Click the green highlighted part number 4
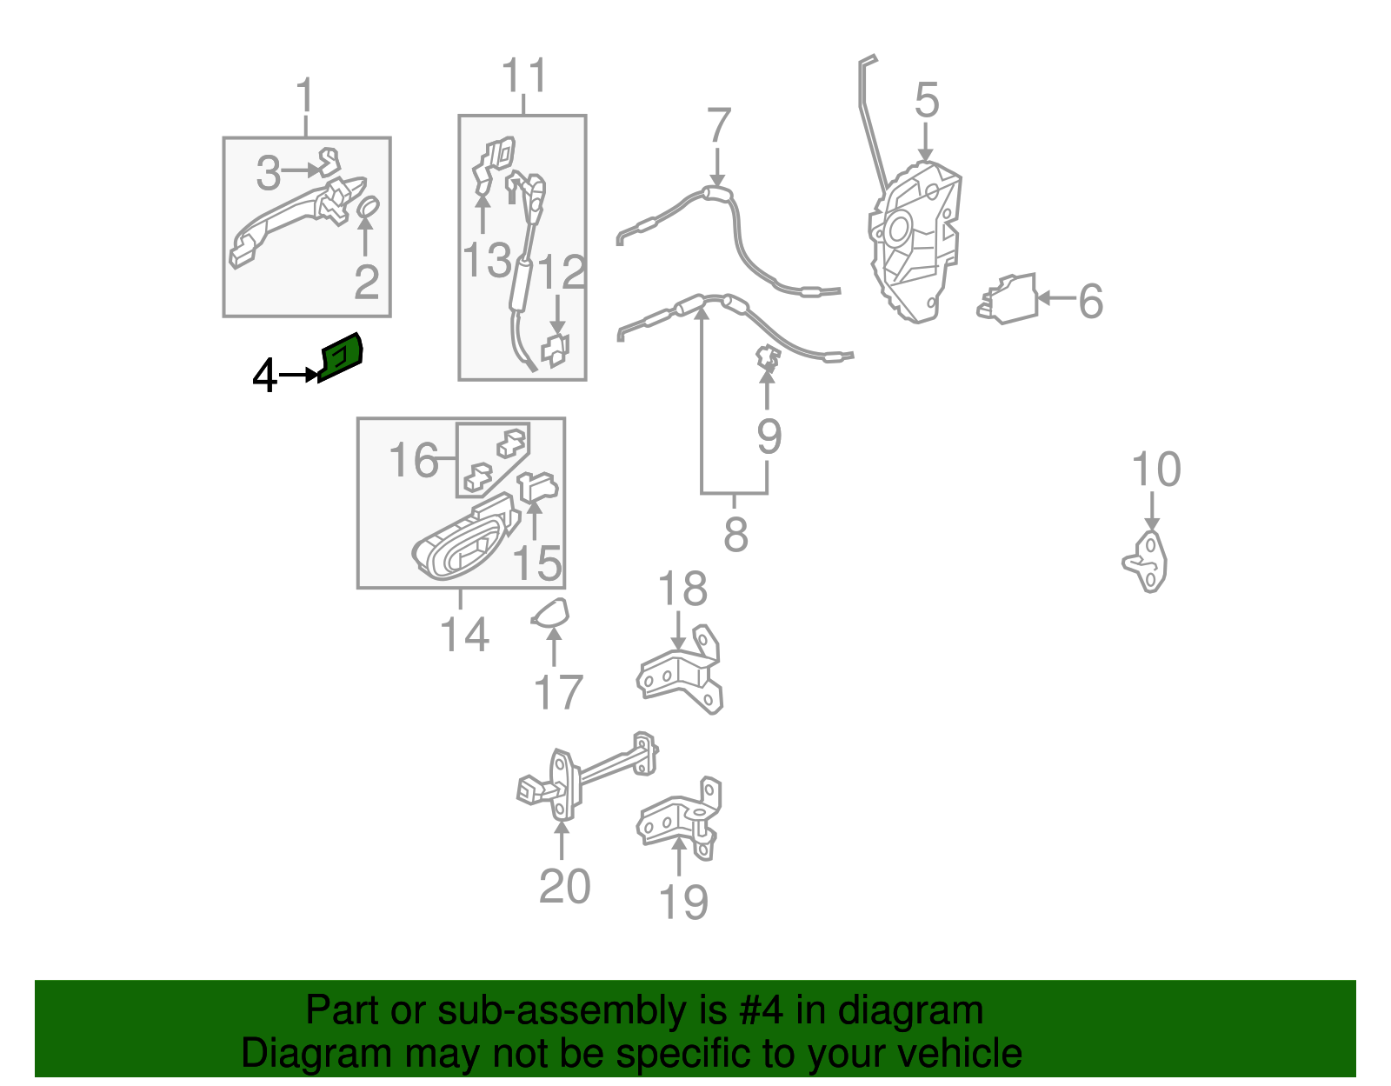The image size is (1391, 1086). tap(341, 357)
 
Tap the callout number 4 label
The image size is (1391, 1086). tap(265, 375)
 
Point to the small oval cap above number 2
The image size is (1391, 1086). tap(368, 206)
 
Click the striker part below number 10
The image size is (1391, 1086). tap(1145, 562)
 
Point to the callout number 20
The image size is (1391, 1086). tap(564, 886)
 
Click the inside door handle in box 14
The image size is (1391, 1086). tap(465, 537)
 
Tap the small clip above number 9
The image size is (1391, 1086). tap(767, 358)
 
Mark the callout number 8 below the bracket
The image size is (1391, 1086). tap(735, 535)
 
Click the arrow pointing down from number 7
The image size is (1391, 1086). tap(717, 168)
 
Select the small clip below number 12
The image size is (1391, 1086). tap(555, 350)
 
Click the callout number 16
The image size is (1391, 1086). tap(414, 459)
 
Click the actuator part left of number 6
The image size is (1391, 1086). tap(1007, 298)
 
